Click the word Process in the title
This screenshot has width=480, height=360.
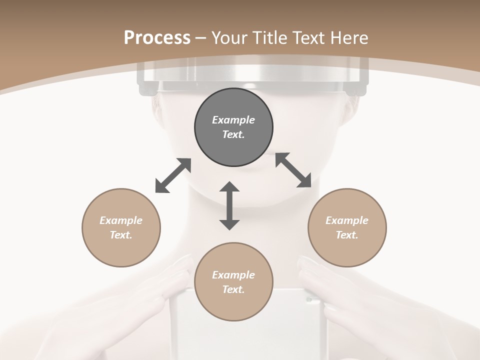pos(157,38)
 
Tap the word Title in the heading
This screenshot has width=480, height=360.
pos(270,38)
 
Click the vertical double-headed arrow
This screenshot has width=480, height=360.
pos(229,205)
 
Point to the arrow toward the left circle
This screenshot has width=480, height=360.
pos(173,175)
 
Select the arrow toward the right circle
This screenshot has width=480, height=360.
pos(293,170)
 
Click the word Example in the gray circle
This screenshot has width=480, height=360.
pos(233,120)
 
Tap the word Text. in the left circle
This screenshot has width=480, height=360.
pos(121,235)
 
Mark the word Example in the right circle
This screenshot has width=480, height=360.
pos(347,220)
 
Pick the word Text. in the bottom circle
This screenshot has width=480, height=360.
pos(233,289)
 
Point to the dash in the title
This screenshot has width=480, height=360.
pos(201,38)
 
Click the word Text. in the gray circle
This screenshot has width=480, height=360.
pos(233,134)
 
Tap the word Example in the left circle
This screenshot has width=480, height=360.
pos(121,220)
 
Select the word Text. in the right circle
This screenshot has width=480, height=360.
pos(347,235)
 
